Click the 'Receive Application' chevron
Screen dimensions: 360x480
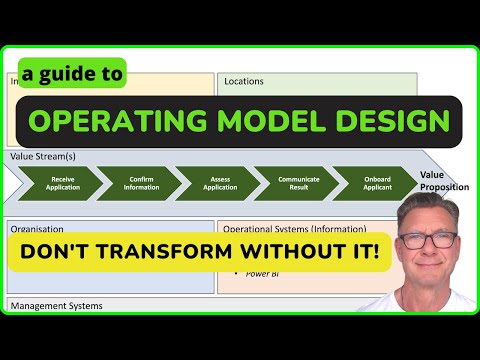pyautogui.click(x=63, y=185)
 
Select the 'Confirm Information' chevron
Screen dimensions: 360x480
pyautogui.click(x=141, y=185)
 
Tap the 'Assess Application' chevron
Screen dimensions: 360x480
pyautogui.click(x=218, y=185)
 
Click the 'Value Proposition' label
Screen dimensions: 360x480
pyautogui.click(x=443, y=180)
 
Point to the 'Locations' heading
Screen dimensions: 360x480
pyautogui.click(x=244, y=81)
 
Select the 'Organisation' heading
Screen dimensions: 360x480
pyautogui.click(x=37, y=227)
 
